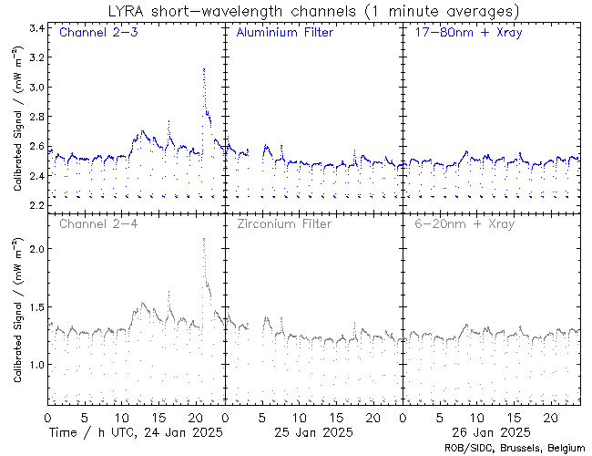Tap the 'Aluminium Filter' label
[x=284, y=34]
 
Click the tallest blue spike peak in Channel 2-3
[x=204, y=68]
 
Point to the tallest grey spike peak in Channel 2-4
[x=203, y=239]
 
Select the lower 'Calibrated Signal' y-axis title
[x=17, y=310]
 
